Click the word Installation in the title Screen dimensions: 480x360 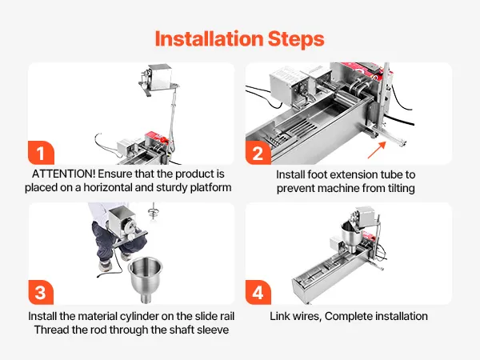pyautogui.click(x=209, y=39)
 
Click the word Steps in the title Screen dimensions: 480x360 pyautogui.click(x=296, y=40)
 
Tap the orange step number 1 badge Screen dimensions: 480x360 pyautogui.click(x=41, y=153)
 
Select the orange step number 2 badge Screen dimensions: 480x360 pyautogui.click(x=258, y=153)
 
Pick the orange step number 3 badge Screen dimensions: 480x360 pyautogui.click(x=41, y=292)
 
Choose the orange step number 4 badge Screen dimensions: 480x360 pyautogui.click(x=258, y=292)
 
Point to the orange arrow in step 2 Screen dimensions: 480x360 pyautogui.click(x=377, y=150)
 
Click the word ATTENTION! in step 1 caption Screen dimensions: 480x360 pyautogui.click(x=64, y=174)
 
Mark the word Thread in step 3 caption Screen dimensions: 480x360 pyautogui.click(x=50, y=330)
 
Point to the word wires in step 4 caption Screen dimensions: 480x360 pyautogui.click(x=308, y=316)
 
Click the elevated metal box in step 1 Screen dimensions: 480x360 pyautogui.click(x=160, y=76)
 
